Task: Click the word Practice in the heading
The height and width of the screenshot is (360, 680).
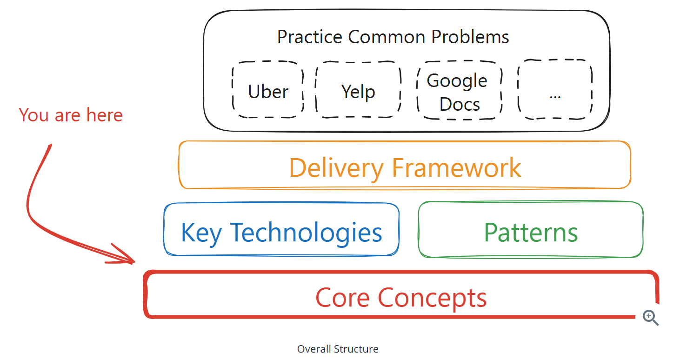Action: (x=310, y=37)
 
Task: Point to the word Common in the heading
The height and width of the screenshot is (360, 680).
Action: (x=387, y=37)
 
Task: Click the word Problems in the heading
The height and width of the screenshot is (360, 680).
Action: (x=470, y=37)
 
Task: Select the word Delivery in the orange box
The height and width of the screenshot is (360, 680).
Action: (x=336, y=168)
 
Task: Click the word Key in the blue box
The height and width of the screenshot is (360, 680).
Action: (x=201, y=233)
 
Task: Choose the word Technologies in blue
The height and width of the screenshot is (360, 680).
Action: (x=306, y=233)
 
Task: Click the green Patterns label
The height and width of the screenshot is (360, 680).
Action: (x=531, y=233)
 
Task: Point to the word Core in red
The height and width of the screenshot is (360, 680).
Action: (x=343, y=298)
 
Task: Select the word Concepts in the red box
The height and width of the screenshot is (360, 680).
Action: (x=432, y=299)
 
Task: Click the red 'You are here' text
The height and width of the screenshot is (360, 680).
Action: (x=71, y=115)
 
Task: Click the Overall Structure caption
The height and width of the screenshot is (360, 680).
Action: (x=338, y=349)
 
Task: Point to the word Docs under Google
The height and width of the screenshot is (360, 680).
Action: (x=460, y=104)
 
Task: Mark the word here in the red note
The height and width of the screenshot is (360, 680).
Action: (x=105, y=115)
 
